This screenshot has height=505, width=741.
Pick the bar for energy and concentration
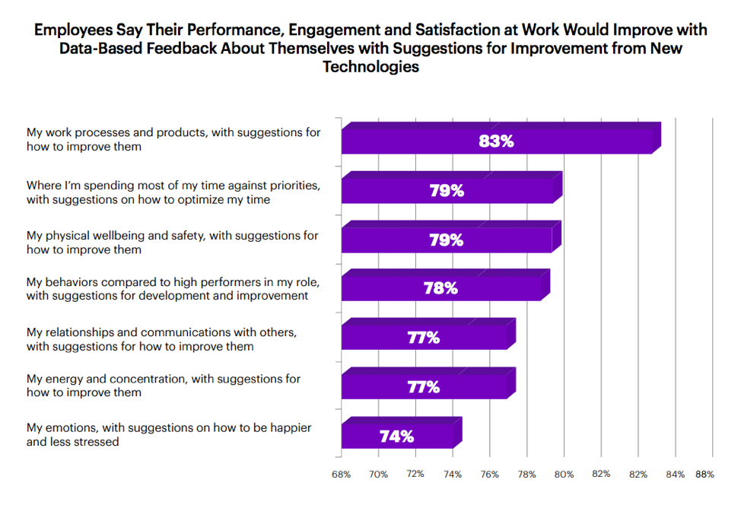point(426,386)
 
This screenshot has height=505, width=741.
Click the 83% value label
point(497,141)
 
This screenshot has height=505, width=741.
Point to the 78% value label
point(440,288)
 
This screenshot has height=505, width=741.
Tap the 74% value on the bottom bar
point(396,437)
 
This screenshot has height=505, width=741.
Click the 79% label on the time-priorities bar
point(447,191)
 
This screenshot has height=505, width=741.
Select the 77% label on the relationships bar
point(424,338)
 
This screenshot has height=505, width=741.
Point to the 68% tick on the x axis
point(342,475)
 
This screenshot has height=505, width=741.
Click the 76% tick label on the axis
point(490,475)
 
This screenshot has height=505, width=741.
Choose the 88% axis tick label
point(704,475)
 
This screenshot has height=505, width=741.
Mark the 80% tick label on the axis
point(564,475)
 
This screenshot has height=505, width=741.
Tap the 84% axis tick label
point(675,475)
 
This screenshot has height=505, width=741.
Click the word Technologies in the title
point(370,67)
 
